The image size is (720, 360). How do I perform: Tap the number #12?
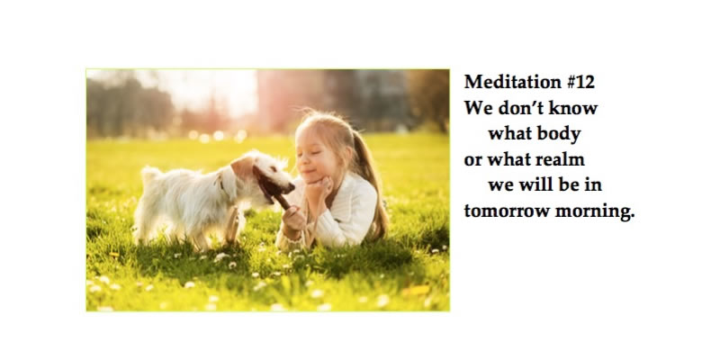[578, 82]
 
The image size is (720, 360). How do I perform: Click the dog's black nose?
[289, 187]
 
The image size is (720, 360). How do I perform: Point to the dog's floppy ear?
[242, 168]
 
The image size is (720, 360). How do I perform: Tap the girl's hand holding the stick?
[294, 218]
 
